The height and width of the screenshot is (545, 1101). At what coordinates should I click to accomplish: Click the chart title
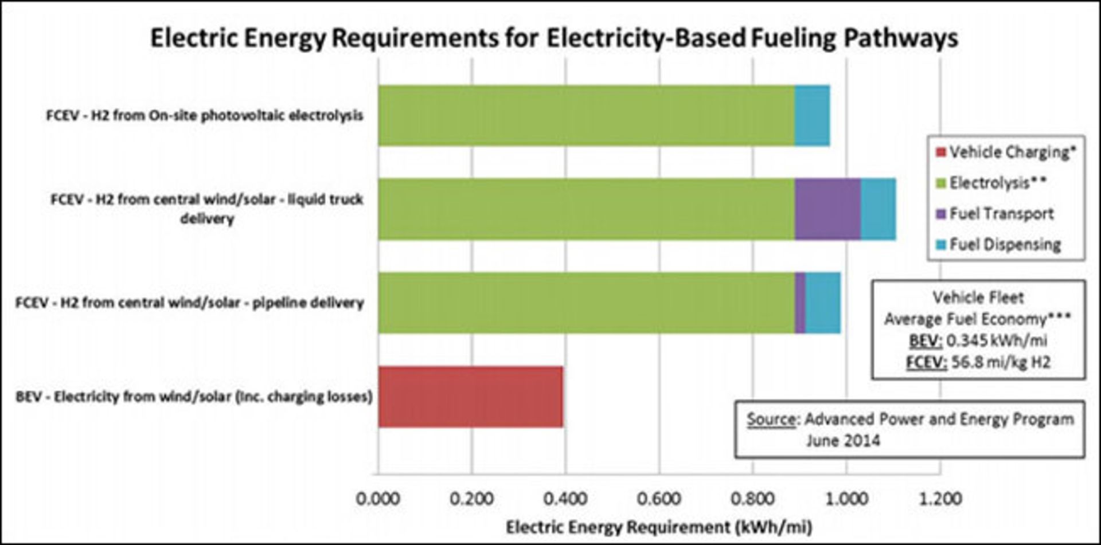click(x=554, y=38)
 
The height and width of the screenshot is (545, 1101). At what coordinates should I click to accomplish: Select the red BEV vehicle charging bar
click(x=470, y=397)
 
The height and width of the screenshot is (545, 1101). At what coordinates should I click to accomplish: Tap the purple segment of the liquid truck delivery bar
click(x=827, y=209)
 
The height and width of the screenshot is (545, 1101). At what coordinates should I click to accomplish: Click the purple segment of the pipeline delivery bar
click(x=801, y=303)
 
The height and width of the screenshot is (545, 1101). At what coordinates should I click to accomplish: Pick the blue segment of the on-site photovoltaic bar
click(x=812, y=115)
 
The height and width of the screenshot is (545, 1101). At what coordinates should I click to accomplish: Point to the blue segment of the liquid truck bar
click(x=878, y=209)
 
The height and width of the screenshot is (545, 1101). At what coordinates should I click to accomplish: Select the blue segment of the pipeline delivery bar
click(x=823, y=303)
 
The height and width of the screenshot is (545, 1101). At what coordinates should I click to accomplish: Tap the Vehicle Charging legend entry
click(x=1006, y=152)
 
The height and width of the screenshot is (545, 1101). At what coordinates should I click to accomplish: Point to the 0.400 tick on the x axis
click(x=565, y=499)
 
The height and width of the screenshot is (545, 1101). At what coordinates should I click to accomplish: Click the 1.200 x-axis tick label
click(x=940, y=499)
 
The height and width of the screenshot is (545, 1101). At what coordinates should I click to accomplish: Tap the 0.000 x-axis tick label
click(x=378, y=499)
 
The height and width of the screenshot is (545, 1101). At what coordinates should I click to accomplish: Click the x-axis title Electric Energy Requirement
click(x=658, y=527)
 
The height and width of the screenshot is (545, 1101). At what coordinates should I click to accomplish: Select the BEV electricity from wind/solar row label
click(x=194, y=397)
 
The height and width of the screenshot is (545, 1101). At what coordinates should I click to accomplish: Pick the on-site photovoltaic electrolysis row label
click(x=205, y=115)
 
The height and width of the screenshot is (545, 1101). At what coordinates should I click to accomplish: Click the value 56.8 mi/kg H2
click(x=1001, y=362)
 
